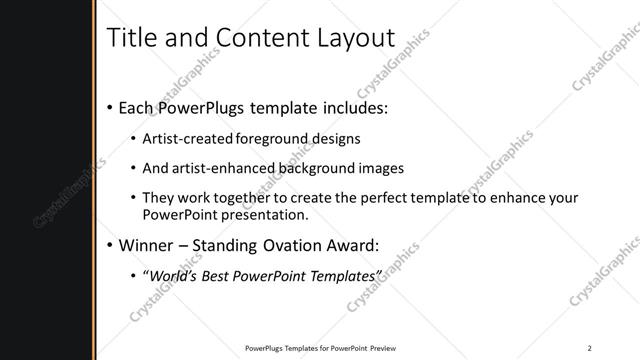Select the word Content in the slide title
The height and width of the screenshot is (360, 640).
pos(254,38)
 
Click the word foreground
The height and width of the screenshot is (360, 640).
pos(279,138)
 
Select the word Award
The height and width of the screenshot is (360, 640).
pos(373,244)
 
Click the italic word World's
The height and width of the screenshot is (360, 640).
pos(174,275)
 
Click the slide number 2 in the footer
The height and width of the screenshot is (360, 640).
pos(590,348)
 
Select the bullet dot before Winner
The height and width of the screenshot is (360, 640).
pos(108,244)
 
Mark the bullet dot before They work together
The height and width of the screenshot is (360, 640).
pos(134,198)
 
